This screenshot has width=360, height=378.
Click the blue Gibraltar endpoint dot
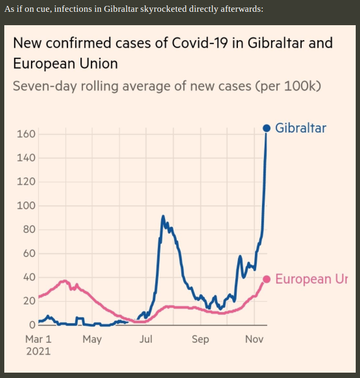[266, 128]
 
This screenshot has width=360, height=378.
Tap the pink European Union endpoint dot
[266, 278]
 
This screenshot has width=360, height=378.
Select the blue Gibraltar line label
[301, 128]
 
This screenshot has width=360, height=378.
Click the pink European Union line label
[311, 279]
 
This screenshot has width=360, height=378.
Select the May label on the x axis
[92, 339]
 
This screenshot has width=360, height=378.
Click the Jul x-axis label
[146, 339]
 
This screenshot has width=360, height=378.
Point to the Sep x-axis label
[200, 339]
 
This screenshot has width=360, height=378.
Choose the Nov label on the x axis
[254, 339]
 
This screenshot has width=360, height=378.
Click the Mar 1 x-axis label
[39, 339]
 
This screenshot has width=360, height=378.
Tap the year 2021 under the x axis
[37, 351]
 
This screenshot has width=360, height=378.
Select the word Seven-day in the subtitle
[44, 86]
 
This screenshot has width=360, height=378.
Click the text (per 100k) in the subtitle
[288, 86]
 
